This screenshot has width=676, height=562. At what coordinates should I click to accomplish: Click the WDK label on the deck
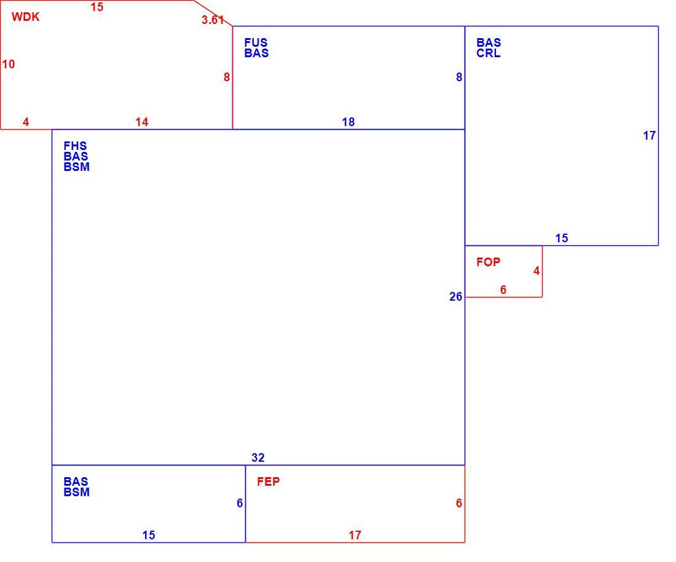[x=25, y=17]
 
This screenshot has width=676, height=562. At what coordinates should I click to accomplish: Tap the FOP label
[x=488, y=262]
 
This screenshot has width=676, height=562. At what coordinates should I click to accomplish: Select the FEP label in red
[x=268, y=482]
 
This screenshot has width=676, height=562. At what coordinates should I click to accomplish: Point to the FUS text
[x=256, y=42]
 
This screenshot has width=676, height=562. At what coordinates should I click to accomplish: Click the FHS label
[x=75, y=146]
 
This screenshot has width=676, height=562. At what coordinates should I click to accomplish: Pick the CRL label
[x=489, y=53]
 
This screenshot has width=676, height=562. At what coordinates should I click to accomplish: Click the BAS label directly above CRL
[x=489, y=42]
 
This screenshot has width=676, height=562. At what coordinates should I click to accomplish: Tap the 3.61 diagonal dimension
[x=213, y=20]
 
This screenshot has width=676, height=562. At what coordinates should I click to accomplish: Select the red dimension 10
[x=9, y=65]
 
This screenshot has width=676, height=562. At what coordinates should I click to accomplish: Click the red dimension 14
[x=142, y=122]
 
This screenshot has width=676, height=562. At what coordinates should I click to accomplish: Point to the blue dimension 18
[x=348, y=122]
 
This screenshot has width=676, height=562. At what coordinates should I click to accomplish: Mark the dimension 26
[x=456, y=297]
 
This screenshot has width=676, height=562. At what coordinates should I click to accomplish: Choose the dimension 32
[x=258, y=457]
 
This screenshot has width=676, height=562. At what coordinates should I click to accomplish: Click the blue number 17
[x=650, y=135]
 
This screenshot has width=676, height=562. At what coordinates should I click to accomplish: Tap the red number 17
[x=355, y=536]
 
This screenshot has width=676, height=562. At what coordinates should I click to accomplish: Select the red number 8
[x=227, y=77]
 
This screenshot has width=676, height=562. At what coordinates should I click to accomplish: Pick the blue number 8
[x=459, y=77]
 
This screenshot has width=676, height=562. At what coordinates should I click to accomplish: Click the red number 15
[x=97, y=7]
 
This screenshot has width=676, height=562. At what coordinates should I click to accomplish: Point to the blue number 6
[x=240, y=504]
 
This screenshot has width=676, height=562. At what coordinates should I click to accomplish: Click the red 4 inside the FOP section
[x=536, y=271]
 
